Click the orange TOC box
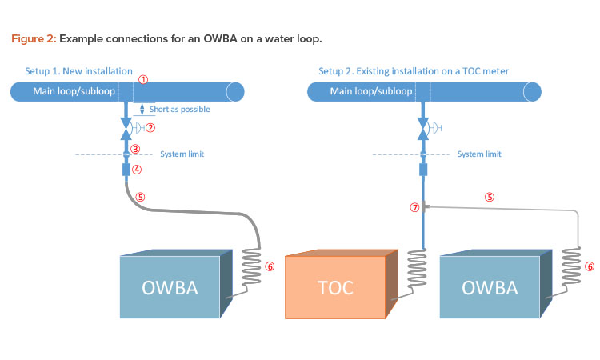(342, 284)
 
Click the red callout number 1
(143, 79)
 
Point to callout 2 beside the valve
(150, 128)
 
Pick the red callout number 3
(135, 149)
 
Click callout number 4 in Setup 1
(137, 169)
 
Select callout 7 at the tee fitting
(414, 207)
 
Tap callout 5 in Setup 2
(490, 197)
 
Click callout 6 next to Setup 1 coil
(270, 266)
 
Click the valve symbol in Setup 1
(126, 129)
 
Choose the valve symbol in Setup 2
(423, 129)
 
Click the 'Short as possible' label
(179, 109)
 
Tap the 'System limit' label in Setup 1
(182, 154)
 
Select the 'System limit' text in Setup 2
(479, 154)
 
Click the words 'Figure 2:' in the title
(34, 38)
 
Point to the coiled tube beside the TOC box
(417, 272)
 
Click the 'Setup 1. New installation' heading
(78, 71)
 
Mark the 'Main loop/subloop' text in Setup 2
(371, 91)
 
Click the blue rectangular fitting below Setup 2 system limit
(423, 170)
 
